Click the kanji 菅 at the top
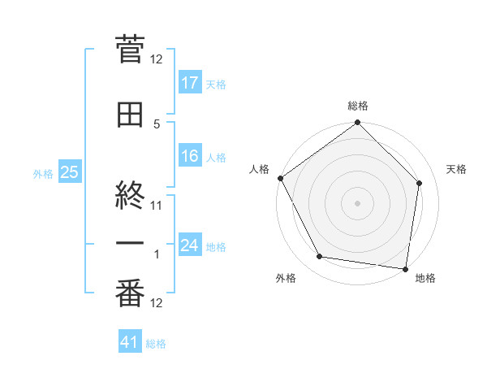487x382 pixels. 130,49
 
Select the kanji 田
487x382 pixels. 130,115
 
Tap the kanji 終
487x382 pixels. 130,186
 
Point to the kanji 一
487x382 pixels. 130,245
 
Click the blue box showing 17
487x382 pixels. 190,82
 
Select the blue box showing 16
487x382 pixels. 190,156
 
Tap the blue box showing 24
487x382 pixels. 190,245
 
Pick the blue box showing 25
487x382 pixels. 69,172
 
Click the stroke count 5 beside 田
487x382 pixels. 157,124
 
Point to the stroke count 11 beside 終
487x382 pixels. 157,205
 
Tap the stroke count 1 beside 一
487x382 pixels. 157,254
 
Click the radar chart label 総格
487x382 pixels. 358,106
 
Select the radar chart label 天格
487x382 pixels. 457,169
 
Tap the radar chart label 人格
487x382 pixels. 259,169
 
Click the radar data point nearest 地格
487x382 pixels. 405,268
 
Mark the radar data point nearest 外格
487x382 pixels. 320,257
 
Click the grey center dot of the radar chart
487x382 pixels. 358,202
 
